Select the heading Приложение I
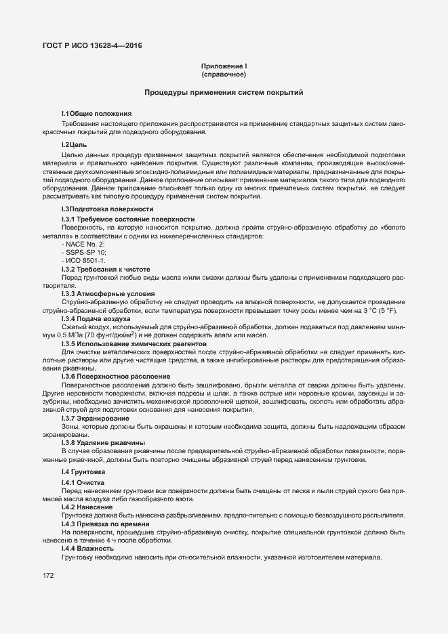coord(224,66)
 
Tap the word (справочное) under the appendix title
coord(224,75)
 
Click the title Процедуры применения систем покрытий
coord(224,92)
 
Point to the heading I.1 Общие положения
coord(96,112)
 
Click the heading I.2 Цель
coord(74,144)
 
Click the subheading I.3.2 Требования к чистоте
coord(106,269)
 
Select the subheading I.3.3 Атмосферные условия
coord(107,293)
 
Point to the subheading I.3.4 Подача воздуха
coord(98,318)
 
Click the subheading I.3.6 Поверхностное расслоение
coord(115,375)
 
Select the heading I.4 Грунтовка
coord(85,471)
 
